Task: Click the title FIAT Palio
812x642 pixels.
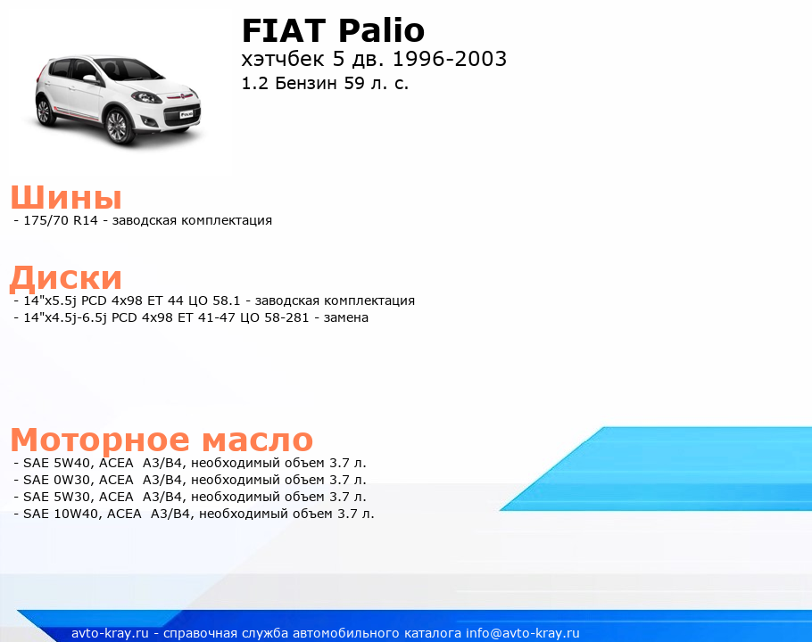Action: click(333, 30)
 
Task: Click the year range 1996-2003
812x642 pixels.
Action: click(450, 59)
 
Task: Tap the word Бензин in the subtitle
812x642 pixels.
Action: click(306, 83)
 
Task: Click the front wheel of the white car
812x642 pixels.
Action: click(117, 125)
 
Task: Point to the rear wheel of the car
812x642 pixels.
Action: click(44, 111)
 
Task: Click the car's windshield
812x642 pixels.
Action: click(131, 69)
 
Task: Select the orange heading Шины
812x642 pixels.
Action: click(66, 197)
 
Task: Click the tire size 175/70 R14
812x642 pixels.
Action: click(61, 220)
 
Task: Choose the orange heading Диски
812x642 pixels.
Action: click(66, 277)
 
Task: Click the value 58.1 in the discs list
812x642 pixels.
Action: click(227, 300)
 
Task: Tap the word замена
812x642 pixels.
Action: click(346, 317)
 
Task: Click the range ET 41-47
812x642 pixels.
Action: click(206, 317)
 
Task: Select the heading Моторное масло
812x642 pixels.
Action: click(162, 440)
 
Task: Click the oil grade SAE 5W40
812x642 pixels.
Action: click(57, 463)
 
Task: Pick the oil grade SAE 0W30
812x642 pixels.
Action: click(57, 480)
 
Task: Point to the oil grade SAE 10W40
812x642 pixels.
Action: click(62, 514)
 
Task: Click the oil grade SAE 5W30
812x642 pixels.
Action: click(57, 498)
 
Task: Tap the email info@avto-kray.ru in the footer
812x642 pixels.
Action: click(523, 633)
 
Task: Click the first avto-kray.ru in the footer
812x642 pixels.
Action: click(110, 633)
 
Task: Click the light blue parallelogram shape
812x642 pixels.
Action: click(656, 469)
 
